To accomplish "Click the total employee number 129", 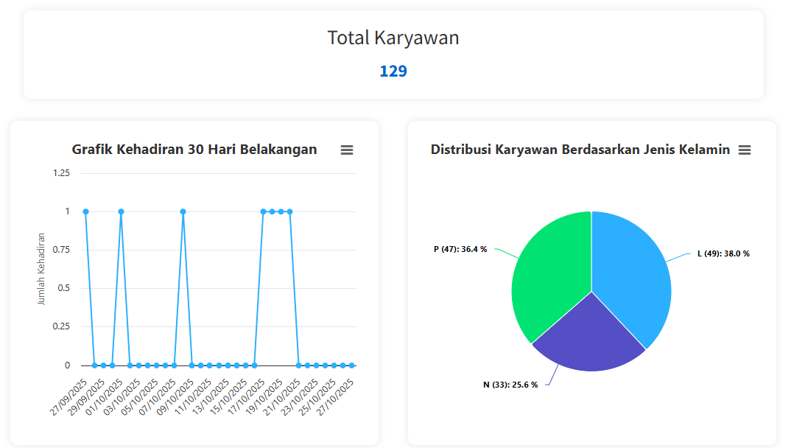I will point(393,71).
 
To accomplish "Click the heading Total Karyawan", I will point(393,38).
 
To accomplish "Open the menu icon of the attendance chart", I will point(347,150).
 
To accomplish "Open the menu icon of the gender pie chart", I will point(745,150).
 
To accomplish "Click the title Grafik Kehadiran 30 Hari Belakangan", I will point(194,150).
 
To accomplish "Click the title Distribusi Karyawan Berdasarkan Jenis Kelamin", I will point(580,150).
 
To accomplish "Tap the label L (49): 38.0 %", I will point(723,253).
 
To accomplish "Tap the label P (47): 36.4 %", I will point(460,249).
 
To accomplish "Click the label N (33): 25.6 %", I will point(510,385).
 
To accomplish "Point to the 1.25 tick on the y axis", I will point(61,173).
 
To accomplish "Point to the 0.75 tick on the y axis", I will point(61,250).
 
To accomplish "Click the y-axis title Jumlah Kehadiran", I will point(41,269).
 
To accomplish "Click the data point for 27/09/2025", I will point(85,211).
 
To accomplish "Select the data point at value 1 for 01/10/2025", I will point(121,211).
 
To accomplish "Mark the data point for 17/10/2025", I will point(263,211).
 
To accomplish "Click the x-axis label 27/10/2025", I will point(337,396).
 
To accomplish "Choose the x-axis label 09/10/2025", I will point(177,396).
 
